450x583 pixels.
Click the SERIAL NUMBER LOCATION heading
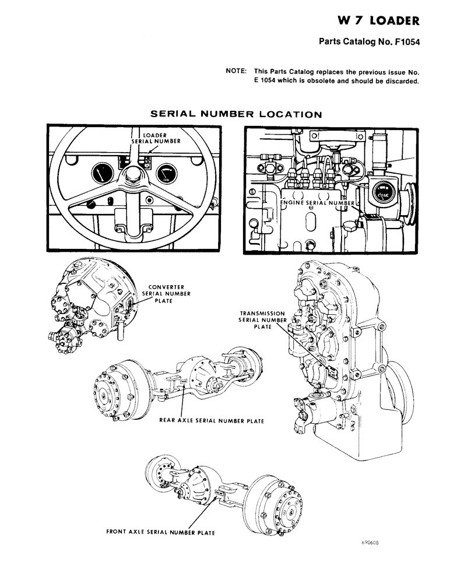[x=235, y=114]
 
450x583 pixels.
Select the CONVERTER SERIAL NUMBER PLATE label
[x=166, y=294]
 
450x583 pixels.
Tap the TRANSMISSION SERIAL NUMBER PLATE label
[x=262, y=320]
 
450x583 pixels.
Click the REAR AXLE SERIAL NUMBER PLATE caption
[x=212, y=420]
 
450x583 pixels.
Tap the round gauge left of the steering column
[x=101, y=173]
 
